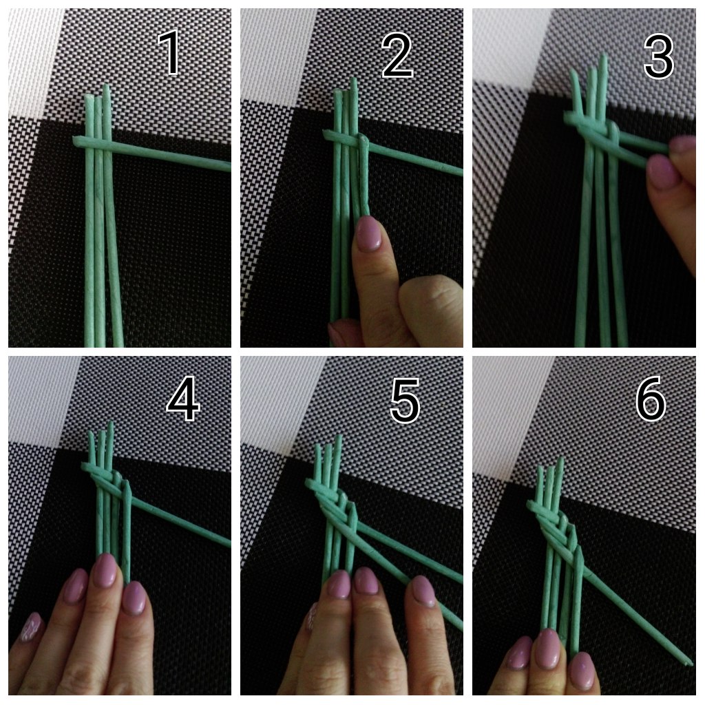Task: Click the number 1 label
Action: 169,52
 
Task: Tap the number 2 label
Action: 397,56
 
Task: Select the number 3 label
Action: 659,57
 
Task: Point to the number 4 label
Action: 183,399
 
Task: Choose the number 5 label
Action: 405,401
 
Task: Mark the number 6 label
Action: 651,399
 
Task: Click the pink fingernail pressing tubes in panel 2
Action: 370,233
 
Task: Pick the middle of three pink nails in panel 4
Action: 105,571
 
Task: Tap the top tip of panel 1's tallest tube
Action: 106,85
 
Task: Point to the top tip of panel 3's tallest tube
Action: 603,56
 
